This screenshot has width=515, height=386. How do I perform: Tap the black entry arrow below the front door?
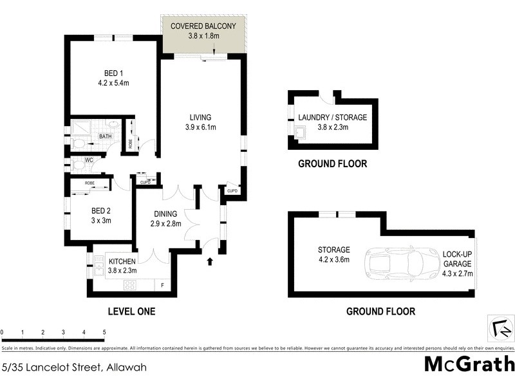tap(209, 262)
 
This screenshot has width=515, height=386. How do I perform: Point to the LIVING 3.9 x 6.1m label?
tap(200, 122)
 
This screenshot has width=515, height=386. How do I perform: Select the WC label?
tap(80, 160)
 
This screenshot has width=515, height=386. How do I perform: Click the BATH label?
tap(104, 136)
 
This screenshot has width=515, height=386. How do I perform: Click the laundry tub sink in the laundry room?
tap(300, 134)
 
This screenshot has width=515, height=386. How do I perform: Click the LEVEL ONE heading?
tap(131, 311)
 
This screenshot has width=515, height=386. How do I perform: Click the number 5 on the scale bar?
tap(104, 332)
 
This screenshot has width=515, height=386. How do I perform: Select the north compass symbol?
tap(498, 329)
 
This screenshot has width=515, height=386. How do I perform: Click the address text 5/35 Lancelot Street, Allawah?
tap(74, 367)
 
